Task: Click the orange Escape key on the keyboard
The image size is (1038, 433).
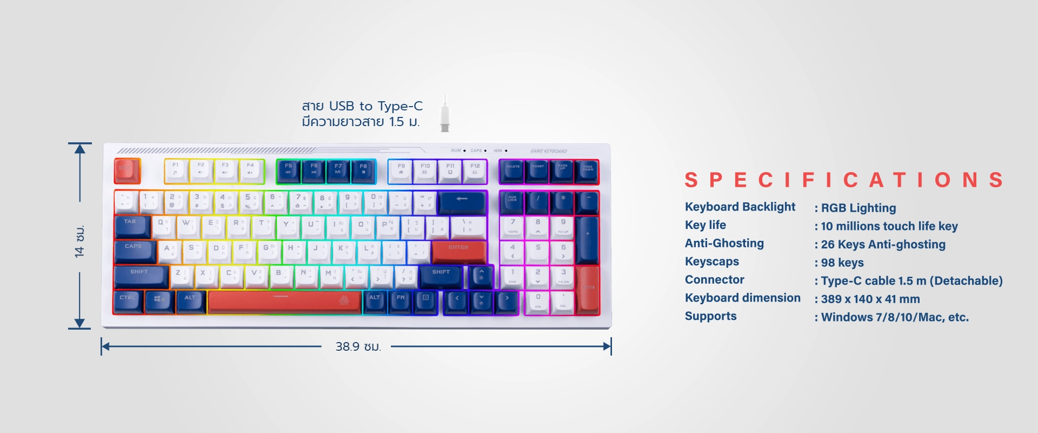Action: (127, 170)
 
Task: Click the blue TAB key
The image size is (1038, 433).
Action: (131, 226)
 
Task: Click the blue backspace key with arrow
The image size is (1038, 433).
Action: (462, 201)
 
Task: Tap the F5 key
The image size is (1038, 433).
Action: (289, 170)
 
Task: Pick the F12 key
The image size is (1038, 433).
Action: (475, 170)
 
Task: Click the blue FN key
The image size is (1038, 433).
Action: (401, 301)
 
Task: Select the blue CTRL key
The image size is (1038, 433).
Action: (128, 301)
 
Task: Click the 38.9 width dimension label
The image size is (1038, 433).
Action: (358, 346)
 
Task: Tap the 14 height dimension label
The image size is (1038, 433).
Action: (80, 241)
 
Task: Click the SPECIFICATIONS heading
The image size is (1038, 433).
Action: (844, 180)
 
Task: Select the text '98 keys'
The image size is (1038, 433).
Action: (842, 263)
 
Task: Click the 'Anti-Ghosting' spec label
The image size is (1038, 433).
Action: (724, 244)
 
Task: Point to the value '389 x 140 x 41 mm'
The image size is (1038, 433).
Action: (870, 299)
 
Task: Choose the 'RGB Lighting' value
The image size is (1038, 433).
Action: (858, 208)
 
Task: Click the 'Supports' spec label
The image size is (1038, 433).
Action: (710, 316)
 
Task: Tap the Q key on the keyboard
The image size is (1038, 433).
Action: (163, 226)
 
